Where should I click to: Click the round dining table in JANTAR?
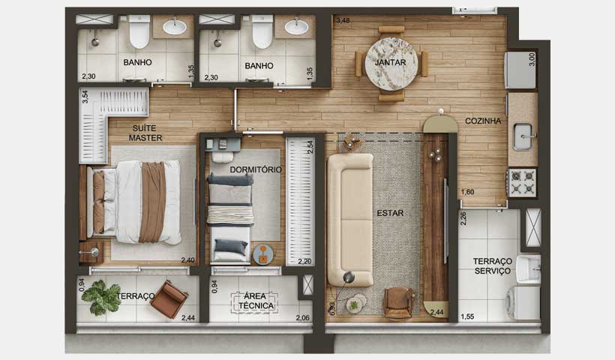tap(391, 64)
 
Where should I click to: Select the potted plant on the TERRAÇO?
tap(101, 297)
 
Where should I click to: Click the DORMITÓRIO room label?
tap(256, 169)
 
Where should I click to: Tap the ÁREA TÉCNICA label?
tap(255, 301)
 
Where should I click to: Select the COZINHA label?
tap(483, 120)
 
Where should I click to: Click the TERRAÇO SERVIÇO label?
tap(491, 265)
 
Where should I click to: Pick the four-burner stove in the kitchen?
tap(523, 182)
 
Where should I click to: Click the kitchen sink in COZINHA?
tap(523, 136)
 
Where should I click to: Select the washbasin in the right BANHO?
tap(295, 28)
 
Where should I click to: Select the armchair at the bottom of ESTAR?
tap(397, 302)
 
